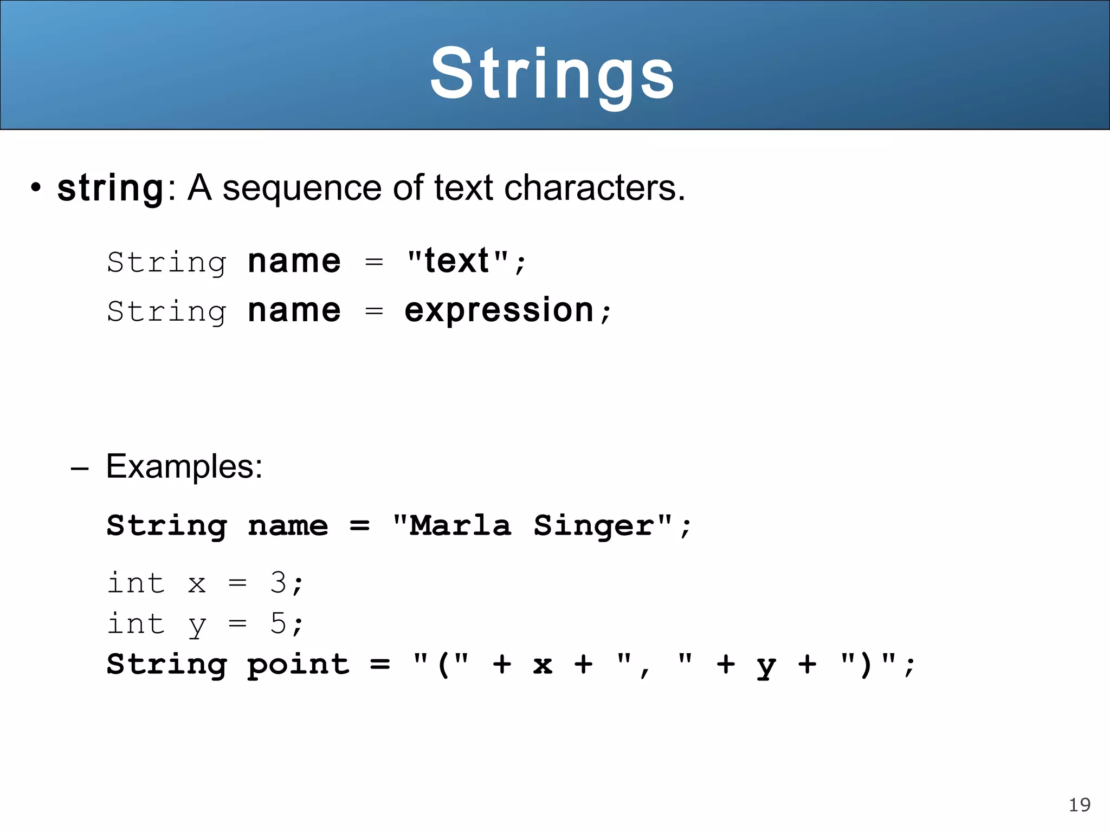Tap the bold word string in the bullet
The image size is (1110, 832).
pos(111,188)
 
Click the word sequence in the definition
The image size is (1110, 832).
pos(302,188)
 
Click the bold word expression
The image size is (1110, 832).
pos(499,311)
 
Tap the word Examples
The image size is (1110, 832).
pos(184,466)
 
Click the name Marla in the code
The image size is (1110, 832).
pos(460,525)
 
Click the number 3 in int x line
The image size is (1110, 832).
pos(279,583)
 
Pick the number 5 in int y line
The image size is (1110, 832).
pos(279,623)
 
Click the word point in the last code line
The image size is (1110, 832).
pos(299,665)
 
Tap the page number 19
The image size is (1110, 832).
pos(1079,805)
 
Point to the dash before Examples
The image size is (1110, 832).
pos(79,467)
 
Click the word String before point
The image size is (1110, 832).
pos(166,665)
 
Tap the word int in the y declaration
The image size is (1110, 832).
pos(135,623)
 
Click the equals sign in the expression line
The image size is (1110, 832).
pos(374,311)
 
